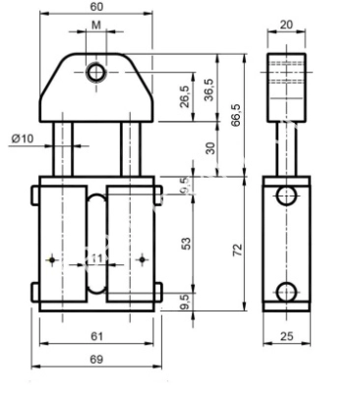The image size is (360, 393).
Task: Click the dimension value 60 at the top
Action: (x=95, y=8)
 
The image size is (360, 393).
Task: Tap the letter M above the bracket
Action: (x=95, y=23)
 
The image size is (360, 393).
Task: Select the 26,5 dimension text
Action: (x=183, y=98)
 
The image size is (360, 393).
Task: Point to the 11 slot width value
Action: (x=96, y=257)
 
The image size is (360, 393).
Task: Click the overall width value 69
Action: (x=95, y=360)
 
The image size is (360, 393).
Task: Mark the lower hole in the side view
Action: (x=286, y=292)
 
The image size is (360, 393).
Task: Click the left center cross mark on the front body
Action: (x=50, y=259)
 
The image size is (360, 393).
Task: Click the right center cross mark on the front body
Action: (x=144, y=259)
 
